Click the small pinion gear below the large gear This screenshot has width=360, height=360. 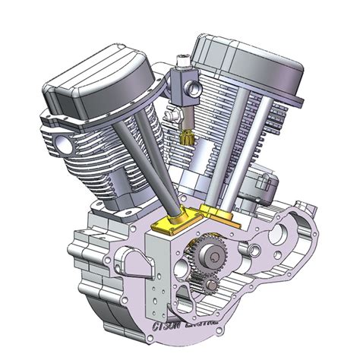click(207, 286)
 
